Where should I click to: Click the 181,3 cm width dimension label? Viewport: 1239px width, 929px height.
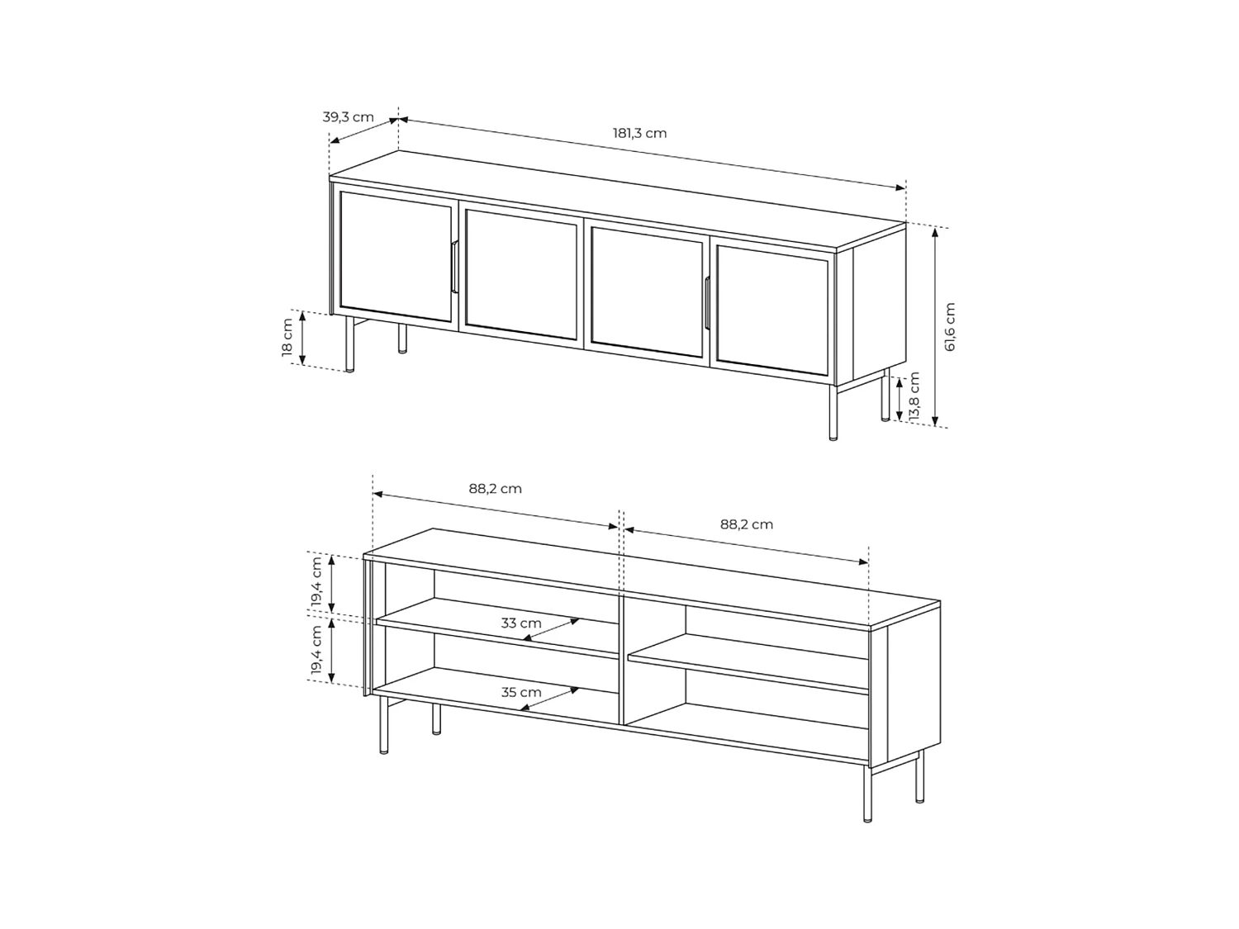coord(639,133)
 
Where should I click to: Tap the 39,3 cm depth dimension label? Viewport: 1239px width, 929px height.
coord(348,117)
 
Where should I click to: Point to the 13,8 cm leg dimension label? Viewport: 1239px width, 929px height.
coord(914,397)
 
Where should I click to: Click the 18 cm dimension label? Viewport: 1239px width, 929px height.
coord(287,337)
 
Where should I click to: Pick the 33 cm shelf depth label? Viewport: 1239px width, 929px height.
coord(521,623)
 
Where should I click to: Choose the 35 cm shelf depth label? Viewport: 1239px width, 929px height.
coord(521,692)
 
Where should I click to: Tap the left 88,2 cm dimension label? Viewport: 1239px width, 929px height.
coord(496,488)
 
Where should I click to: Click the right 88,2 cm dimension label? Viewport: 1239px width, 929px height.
coord(746,524)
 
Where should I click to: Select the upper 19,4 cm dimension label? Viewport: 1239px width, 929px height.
coord(317,582)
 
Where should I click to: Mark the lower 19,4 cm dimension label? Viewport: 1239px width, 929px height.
coord(317,652)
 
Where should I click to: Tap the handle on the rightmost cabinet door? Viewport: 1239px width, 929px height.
coord(707,303)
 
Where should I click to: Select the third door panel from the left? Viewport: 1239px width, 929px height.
coord(647,291)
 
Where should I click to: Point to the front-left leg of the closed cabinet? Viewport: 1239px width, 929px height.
coord(351,344)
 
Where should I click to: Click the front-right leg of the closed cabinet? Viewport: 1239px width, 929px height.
coord(833,412)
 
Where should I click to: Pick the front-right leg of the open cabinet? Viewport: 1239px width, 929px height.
coord(866,793)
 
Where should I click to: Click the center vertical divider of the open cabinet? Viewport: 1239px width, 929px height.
coord(622,661)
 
